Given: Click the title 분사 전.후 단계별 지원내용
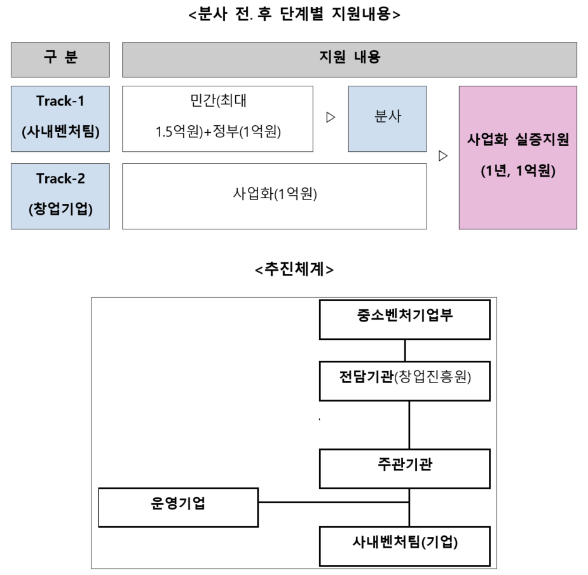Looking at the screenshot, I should tap(294, 14).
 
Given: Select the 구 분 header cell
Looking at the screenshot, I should tap(60, 59).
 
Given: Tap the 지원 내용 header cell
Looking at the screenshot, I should tap(349, 59).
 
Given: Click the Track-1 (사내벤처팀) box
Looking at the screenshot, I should tap(60, 118).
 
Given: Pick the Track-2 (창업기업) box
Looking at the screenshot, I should tap(60, 196).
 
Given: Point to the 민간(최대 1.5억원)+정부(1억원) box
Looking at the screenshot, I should tap(217, 118).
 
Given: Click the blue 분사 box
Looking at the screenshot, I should tap(387, 118).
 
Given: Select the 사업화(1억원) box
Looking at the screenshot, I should tap(274, 196).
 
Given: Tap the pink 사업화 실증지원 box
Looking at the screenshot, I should tap(517, 157).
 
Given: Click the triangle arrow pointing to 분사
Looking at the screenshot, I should tap(330, 118).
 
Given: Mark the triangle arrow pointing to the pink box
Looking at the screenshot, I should tap(443, 156).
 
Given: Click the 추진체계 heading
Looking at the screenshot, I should tap(294, 269).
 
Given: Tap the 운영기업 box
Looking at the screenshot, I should tap(178, 507).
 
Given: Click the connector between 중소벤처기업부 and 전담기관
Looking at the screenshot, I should tap(405, 350).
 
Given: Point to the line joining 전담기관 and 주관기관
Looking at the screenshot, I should tap(409, 424).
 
